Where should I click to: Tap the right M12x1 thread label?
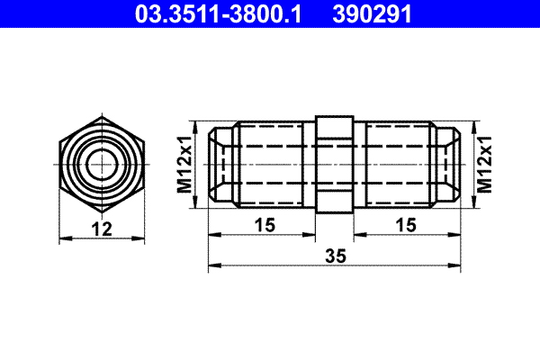483,164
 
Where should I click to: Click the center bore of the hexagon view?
101,164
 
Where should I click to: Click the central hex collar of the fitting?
333,164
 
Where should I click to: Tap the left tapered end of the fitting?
220,164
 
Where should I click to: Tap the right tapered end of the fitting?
449,164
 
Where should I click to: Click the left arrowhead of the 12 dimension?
63,238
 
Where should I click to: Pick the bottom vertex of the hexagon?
101,212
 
